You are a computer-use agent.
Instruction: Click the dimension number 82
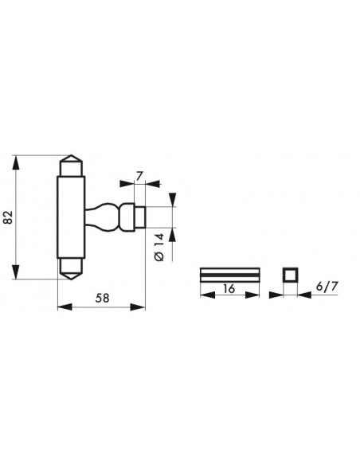click(x=9, y=217)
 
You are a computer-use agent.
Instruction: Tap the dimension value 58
click(x=102, y=298)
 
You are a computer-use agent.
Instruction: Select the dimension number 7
click(x=139, y=176)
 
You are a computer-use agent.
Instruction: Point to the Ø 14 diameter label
click(x=159, y=247)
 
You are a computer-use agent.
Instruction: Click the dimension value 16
click(x=229, y=288)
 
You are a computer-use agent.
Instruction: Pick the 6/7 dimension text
click(x=327, y=287)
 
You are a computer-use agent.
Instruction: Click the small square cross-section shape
click(x=290, y=275)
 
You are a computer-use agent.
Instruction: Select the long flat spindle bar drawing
click(x=230, y=275)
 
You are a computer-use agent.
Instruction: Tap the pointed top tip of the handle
click(x=71, y=155)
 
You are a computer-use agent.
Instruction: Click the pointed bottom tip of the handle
click(x=71, y=279)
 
